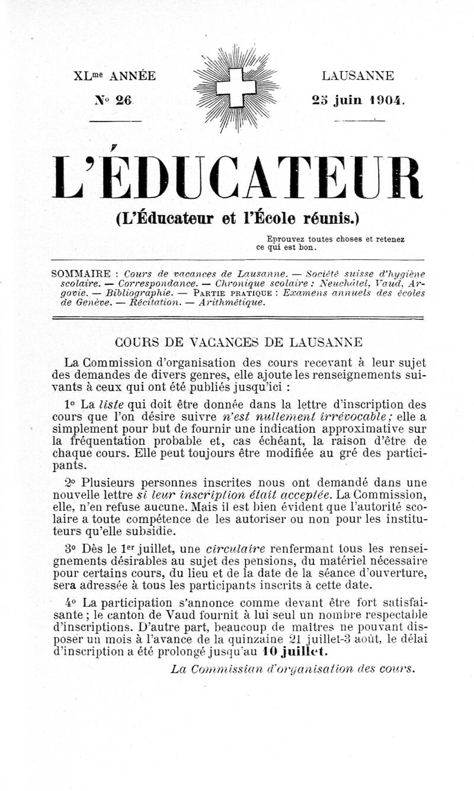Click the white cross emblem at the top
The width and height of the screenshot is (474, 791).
pyautogui.click(x=236, y=88)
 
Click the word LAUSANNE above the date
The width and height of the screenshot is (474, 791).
pyautogui.click(x=358, y=76)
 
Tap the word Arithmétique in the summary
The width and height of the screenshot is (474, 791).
pyautogui.click(x=232, y=302)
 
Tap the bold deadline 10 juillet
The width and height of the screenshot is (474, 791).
pyautogui.click(x=296, y=651)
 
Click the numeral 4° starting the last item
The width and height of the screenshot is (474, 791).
pyautogui.click(x=73, y=603)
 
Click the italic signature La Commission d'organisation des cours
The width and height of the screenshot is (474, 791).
pyautogui.click(x=293, y=669)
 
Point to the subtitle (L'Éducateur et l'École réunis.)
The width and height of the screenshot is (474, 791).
pyautogui.click(x=238, y=218)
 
